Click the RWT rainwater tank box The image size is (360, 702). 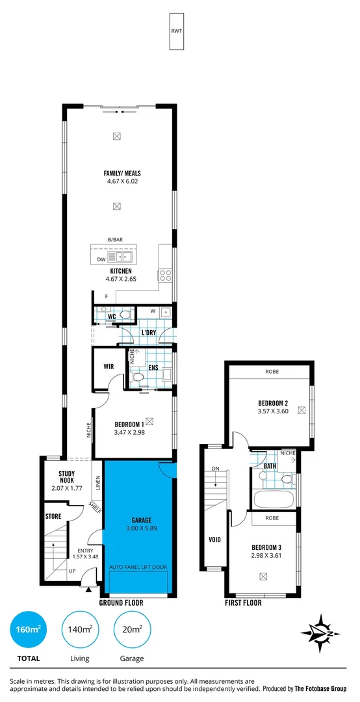(177, 31)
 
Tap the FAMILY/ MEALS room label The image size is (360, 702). (122, 174)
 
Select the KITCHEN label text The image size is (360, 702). (121, 271)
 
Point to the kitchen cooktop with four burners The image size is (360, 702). (166, 274)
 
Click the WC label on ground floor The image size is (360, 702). (112, 317)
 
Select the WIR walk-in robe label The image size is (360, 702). (109, 367)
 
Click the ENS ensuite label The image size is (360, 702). (153, 367)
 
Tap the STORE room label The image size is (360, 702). (53, 517)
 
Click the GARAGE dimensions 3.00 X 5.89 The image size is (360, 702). (140, 528)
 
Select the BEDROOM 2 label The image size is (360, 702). (273, 402)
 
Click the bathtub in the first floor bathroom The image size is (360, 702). (274, 500)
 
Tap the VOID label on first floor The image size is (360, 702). (214, 539)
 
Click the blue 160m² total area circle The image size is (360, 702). (28, 629)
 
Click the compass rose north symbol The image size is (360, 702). (322, 632)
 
